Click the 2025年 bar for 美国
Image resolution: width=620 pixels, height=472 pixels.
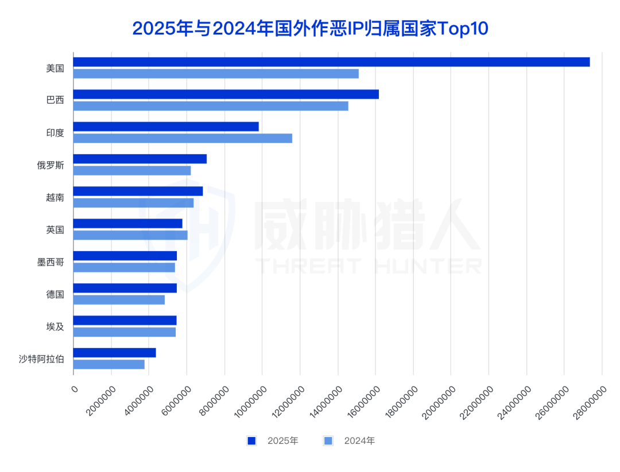331,62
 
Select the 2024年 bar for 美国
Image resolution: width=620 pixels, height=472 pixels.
216,73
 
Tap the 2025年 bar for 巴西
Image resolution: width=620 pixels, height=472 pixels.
226,94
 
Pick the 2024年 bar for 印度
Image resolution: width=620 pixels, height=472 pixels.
183,138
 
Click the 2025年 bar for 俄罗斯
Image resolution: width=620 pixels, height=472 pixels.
140,159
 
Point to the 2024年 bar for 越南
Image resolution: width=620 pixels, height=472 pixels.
133,202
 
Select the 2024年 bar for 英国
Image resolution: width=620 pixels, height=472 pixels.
130,235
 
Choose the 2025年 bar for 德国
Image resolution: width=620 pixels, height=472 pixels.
125,288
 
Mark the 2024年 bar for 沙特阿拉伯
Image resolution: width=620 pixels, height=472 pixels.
109,364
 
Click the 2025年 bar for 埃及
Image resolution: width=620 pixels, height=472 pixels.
125,320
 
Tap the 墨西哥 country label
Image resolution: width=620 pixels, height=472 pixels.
51,262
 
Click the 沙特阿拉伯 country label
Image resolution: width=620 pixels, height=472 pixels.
41,360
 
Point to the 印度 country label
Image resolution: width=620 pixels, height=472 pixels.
55,132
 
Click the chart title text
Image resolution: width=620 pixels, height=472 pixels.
309,28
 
